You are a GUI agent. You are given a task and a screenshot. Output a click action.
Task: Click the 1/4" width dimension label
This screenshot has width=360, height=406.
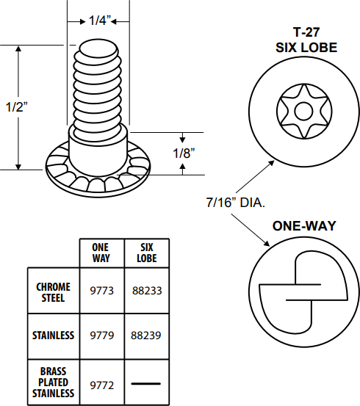tap(99, 21)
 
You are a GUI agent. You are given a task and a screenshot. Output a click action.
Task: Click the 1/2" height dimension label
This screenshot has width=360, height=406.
tap(16, 106)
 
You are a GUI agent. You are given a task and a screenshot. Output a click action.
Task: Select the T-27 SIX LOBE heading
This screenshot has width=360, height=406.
tap(306, 41)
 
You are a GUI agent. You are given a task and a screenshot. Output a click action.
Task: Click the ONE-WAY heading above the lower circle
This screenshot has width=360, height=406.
tap(305, 226)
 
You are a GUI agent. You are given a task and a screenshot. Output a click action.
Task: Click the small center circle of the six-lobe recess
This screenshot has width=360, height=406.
tap(303, 112)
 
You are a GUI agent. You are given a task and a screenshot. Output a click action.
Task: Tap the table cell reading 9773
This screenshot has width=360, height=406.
tap(101, 291)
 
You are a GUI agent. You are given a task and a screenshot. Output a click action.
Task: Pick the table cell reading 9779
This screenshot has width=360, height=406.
tap(101, 336)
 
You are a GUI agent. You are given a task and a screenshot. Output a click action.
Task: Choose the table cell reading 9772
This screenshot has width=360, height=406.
tap(101, 383)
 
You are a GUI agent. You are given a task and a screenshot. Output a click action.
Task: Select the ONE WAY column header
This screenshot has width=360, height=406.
tap(101, 253)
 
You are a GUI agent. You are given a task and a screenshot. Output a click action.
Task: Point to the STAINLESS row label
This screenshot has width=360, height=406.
tap(53, 336)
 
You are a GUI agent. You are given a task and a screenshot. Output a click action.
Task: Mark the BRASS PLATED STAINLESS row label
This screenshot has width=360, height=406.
tap(53, 383)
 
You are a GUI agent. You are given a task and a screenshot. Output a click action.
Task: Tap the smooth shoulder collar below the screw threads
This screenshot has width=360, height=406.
tap(99, 141)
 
